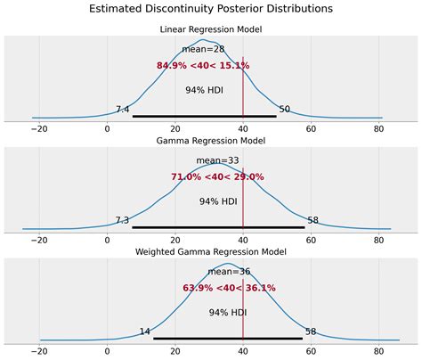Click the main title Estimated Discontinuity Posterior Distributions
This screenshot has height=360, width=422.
(211, 9)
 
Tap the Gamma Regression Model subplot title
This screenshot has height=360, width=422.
(211, 142)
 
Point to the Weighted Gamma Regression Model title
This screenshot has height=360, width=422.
(211, 252)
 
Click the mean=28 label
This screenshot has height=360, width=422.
(203, 49)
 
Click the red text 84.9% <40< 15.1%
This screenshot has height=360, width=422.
(203, 65)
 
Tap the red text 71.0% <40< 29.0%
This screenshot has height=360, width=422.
(216, 176)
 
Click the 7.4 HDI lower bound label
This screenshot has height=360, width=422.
(123, 110)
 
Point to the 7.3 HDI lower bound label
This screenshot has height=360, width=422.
(123, 220)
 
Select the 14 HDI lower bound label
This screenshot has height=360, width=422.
(145, 331)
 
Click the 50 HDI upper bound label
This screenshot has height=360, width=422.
(285, 110)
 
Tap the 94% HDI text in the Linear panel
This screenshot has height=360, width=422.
(204, 90)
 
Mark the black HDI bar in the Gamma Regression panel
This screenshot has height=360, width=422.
(218, 227)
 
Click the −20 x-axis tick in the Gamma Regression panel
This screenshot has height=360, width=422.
(40, 240)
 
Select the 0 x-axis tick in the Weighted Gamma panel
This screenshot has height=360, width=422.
(108, 351)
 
